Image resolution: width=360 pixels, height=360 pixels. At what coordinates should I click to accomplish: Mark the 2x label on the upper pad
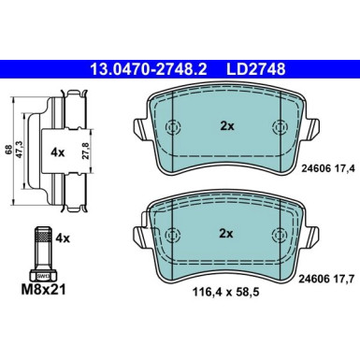coord(225,127)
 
